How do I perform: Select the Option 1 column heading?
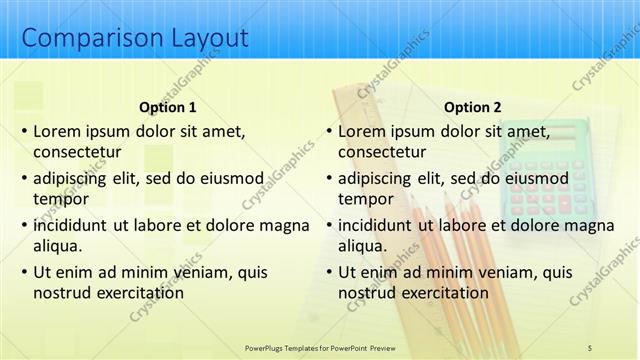pyautogui.click(x=166, y=107)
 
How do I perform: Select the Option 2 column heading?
pyautogui.click(x=472, y=107)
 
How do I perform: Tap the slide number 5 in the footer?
pyautogui.click(x=590, y=347)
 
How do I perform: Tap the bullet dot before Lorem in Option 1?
pyautogui.click(x=22, y=131)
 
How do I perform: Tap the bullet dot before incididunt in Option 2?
pyautogui.click(x=327, y=225)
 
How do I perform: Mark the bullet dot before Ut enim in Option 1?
pyautogui.click(x=22, y=272)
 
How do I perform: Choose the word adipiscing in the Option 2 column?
pyautogui.click(x=374, y=178)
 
